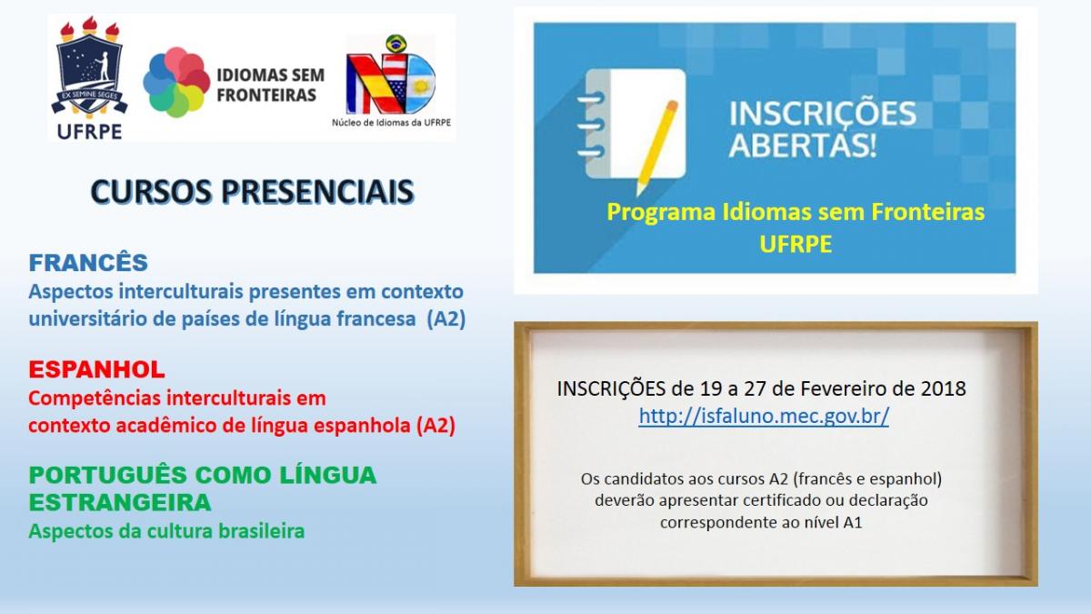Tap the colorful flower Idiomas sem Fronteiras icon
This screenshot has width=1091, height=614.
coord(176,82)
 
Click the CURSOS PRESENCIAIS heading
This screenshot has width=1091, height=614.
coord(252,192)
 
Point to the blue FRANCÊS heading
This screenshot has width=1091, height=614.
coord(88,263)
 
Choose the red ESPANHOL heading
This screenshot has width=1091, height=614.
coord(96,370)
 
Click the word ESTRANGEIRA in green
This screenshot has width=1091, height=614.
coord(119,502)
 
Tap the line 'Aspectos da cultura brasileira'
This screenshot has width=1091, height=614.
coord(166,531)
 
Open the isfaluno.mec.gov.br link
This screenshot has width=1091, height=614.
coord(763,417)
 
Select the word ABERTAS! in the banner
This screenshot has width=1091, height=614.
coord(804,146)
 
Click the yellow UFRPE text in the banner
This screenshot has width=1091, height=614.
coord(796,245)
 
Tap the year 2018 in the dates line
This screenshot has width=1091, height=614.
coord(942,389)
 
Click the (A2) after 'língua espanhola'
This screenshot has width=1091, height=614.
coord(435,425)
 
